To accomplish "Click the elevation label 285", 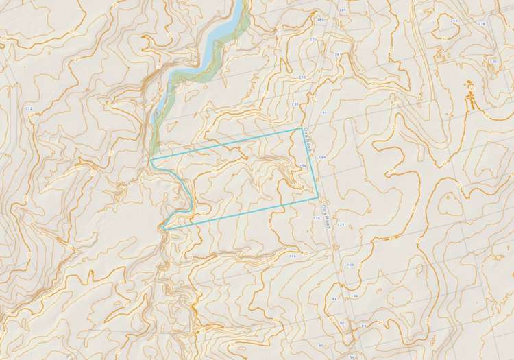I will click(343, 11).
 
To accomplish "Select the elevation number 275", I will click(314, 40).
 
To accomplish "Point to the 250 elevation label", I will click(302, 77).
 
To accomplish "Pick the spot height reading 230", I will click(295, 104).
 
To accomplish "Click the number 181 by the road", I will click(321, 111).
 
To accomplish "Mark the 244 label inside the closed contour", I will click(454, 21).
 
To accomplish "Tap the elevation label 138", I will click(501, 24).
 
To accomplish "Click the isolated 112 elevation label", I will click(28, 109).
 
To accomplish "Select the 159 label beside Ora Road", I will click(321, 158).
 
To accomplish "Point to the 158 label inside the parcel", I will click(302, 166).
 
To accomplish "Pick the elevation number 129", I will click(340, 224).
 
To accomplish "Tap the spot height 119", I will click(293, 256).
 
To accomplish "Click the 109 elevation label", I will click(350, 265).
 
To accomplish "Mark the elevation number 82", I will click(341, 322).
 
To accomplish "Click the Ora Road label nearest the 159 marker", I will click(308, 140).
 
